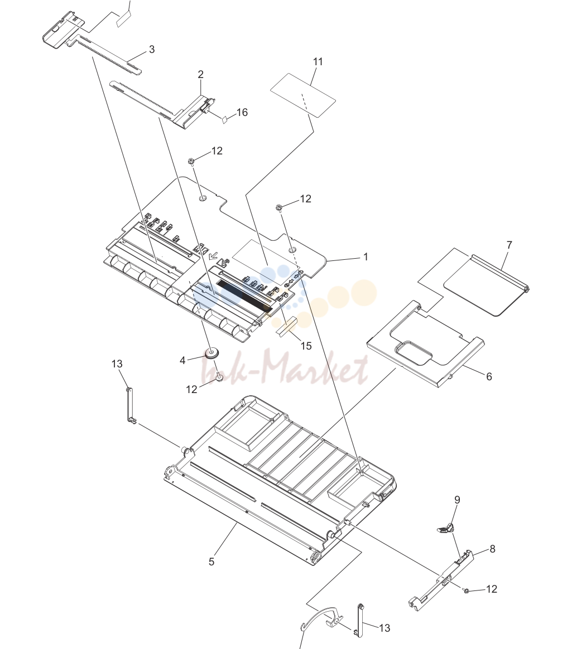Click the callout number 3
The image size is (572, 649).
152,49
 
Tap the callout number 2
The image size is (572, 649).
200,75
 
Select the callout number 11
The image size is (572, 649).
318,62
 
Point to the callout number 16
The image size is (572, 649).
242,112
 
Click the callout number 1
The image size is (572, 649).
366,257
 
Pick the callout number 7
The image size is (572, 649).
509,245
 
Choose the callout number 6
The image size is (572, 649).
489,376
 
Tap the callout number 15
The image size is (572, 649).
306,346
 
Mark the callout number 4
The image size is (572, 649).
182,361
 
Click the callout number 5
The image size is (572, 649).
212,561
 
